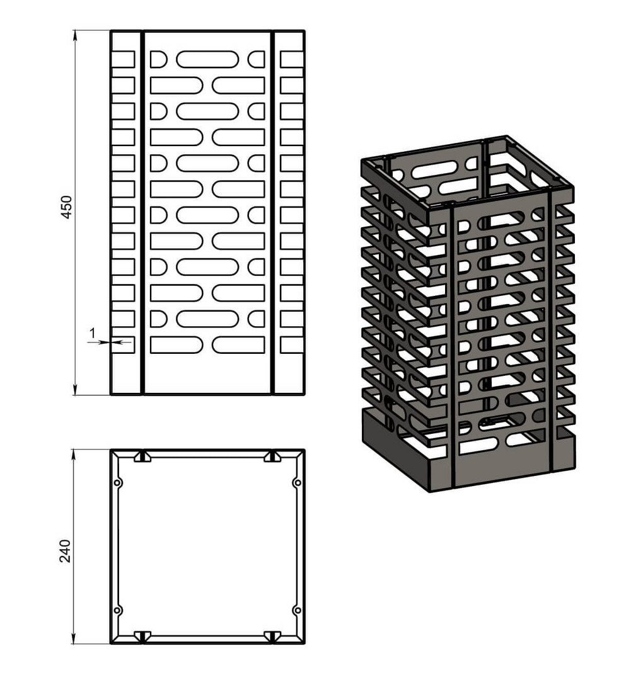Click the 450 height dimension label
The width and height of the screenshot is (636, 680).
click(66, 207)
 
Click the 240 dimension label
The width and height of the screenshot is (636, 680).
click(65, 551)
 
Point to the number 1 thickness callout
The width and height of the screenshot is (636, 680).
click(92, 333)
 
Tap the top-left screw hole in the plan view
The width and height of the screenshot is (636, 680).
click(117, 483)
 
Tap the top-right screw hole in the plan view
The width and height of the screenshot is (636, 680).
click(298, 483)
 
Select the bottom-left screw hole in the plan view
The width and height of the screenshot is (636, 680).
click(117, 610)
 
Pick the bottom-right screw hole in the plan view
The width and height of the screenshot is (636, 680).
click(298, 610)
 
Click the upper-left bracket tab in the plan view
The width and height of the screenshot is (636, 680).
click(142, 456)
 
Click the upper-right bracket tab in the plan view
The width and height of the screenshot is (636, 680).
click(272, 456)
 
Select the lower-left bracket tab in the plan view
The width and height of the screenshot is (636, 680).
click(142, 636)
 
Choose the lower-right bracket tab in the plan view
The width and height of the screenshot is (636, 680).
click(272, 636)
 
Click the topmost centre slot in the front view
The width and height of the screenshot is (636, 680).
click(207, 59)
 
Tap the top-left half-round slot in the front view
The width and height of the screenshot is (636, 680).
click(158, 59)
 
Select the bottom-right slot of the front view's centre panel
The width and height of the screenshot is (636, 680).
click(238, 345)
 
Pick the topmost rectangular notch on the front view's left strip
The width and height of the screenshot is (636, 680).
click(123, 59)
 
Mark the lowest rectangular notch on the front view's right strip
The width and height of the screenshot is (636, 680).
click(292, 345)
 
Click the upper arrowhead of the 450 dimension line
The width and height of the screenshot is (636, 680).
click(76, 35)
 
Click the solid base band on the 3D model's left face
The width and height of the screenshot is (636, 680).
click(395, 449)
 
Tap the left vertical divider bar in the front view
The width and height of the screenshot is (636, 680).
click(142, 213)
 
